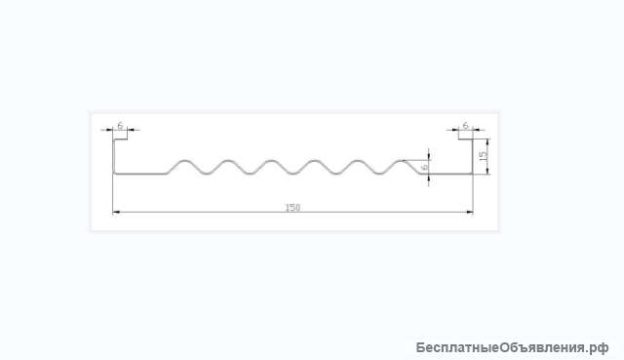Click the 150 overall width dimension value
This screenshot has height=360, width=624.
tap(292, 207)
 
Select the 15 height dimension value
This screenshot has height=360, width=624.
tap(484, 154)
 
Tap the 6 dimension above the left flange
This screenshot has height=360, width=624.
tap(120, 125)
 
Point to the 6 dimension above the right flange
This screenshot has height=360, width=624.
tap(466, 125)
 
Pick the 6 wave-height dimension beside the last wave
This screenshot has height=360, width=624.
tap(425, 167)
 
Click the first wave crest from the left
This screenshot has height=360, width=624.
tap(186, 161)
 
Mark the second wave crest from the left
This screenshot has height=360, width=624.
tap(228, 161)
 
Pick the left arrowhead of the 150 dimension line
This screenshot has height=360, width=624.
tap(117, 212)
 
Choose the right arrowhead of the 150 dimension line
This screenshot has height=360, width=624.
tap(470, 212)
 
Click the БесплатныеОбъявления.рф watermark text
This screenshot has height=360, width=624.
tap(513, 346)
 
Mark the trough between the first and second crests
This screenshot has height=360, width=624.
tap(207, 177)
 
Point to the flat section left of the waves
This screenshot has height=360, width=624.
tap(141, 175)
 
